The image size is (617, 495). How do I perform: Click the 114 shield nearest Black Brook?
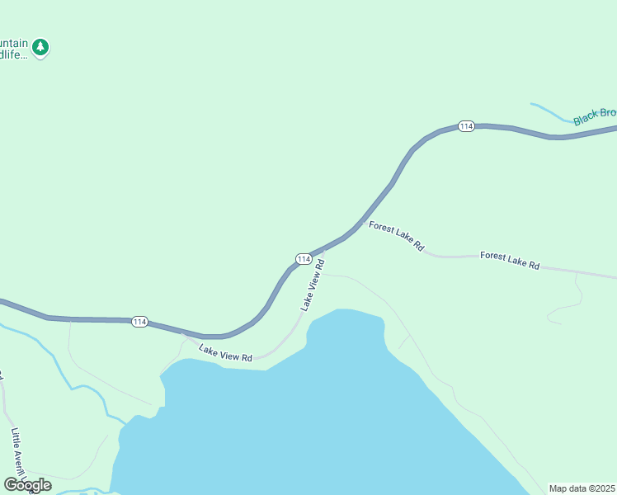(466, 126)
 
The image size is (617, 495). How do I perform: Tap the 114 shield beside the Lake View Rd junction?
(304, 259)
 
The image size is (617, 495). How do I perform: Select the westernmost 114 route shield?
(139, 321)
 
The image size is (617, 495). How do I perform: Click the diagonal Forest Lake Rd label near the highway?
(396, 236)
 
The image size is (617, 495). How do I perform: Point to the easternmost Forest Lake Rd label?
(509, 261)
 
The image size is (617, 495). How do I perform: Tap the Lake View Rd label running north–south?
(313, 285)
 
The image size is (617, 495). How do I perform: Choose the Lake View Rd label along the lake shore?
(224, 353)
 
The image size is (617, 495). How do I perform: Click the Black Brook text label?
(595, 115)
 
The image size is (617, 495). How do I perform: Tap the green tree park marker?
(40, 47)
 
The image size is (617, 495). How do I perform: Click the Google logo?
(27, 485)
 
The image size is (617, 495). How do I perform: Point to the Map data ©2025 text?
(582, 488)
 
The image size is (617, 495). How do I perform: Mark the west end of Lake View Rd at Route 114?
(186, 334)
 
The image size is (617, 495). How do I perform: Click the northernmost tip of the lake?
(342, 311)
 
